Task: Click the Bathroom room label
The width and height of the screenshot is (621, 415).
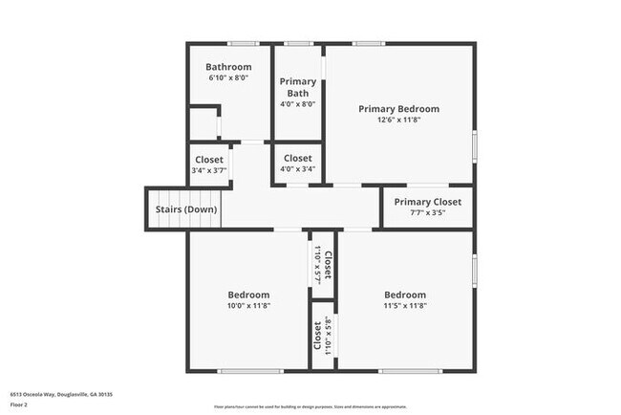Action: click(x=229, y=67)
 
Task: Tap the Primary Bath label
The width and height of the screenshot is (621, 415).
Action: click(x=297, y=87)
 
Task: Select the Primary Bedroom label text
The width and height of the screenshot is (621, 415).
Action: click(x=398, y=109)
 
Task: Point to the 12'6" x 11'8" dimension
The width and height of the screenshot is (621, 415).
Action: click(x=399, y=120)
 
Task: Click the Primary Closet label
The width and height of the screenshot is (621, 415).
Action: click(x=427, y=202)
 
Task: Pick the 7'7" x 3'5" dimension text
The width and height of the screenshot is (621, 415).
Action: click(x=427, y=213)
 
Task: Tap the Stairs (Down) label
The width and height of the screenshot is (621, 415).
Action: click(x=186, y=209)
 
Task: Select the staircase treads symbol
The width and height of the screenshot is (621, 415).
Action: click(x=139, y=209)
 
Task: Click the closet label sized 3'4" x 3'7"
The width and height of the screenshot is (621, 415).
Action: click(x=209, y=160)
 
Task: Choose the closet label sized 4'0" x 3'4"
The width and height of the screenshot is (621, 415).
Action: click(x=297, y=158)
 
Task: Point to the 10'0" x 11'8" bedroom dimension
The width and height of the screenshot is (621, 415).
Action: click(x=248, y=306)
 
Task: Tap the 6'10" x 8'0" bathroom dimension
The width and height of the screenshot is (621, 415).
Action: click(x=229, y=78)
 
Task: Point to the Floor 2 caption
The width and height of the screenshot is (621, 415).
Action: click(x=20, y=404)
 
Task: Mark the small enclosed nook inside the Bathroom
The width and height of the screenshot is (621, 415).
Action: click(x=203, y=125)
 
